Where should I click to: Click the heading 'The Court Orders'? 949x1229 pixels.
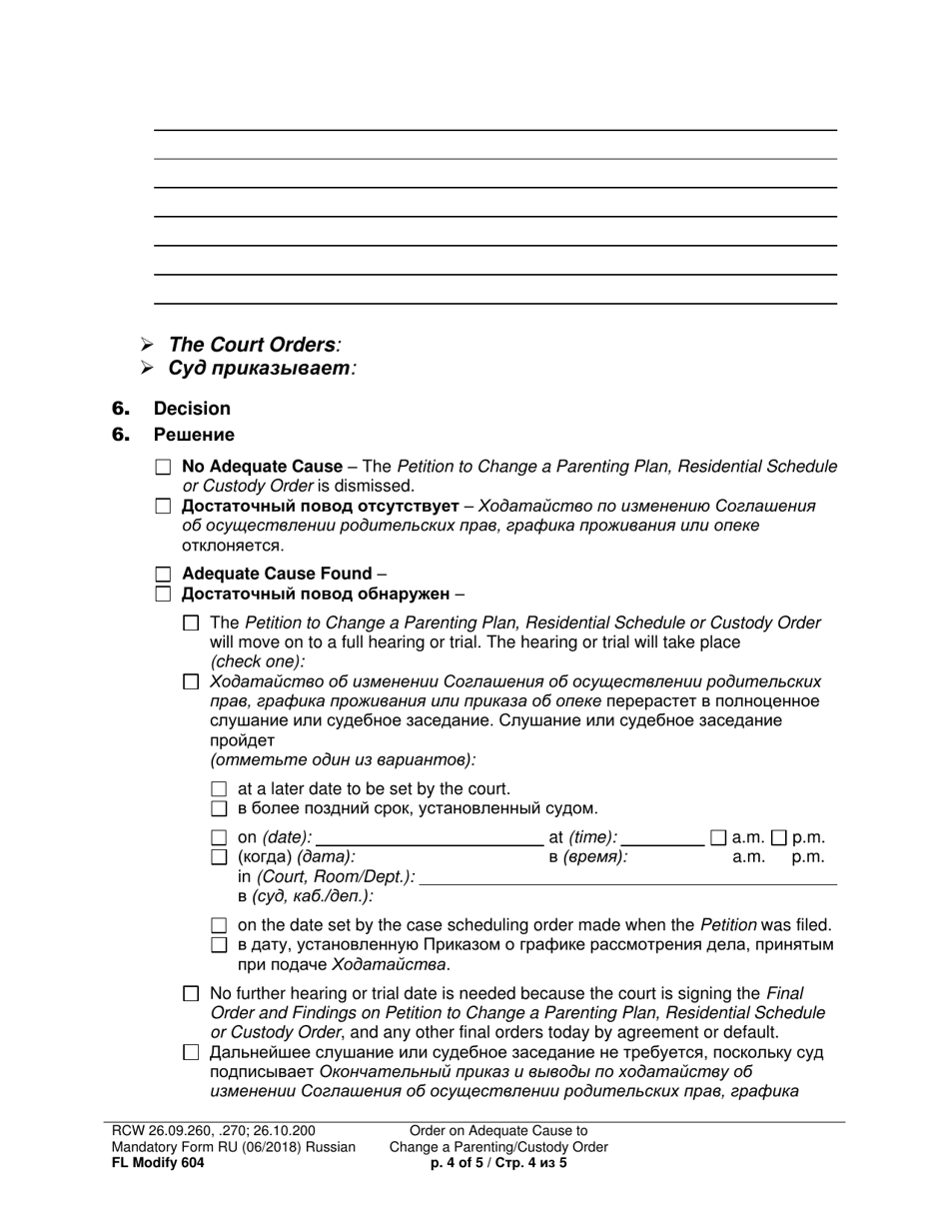tap(252, 345)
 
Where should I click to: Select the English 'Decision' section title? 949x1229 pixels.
tap(192, 409)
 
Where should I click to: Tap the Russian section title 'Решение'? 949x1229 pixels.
tap(194, 435)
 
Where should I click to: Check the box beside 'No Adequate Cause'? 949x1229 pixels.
tap(164, 467)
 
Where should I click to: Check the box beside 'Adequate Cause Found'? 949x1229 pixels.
tap(164, 575)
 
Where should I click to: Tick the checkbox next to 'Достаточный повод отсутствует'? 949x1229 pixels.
tap(164, 507)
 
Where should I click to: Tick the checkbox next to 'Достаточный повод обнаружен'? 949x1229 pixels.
tap(164, 595)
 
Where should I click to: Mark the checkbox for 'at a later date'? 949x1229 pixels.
tap(220, 789)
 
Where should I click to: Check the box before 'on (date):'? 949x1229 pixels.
tap(220, 838)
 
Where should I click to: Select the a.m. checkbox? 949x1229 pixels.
tap(718, 838)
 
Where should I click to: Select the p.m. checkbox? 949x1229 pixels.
tap(779, 838)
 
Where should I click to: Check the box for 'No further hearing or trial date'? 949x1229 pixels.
tap(192, 994)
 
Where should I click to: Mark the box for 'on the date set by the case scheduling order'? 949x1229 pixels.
tap(220, 926)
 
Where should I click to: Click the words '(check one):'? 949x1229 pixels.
tap(258, 661)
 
